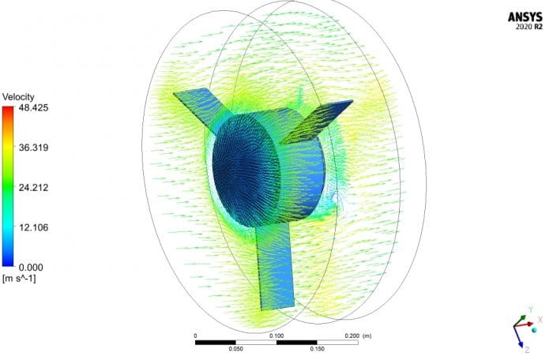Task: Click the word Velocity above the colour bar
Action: coord(19,96)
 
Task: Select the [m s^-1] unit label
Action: coord(21,279)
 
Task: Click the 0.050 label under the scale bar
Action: coord(235,348)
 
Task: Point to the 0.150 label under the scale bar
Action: coord(317,348)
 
